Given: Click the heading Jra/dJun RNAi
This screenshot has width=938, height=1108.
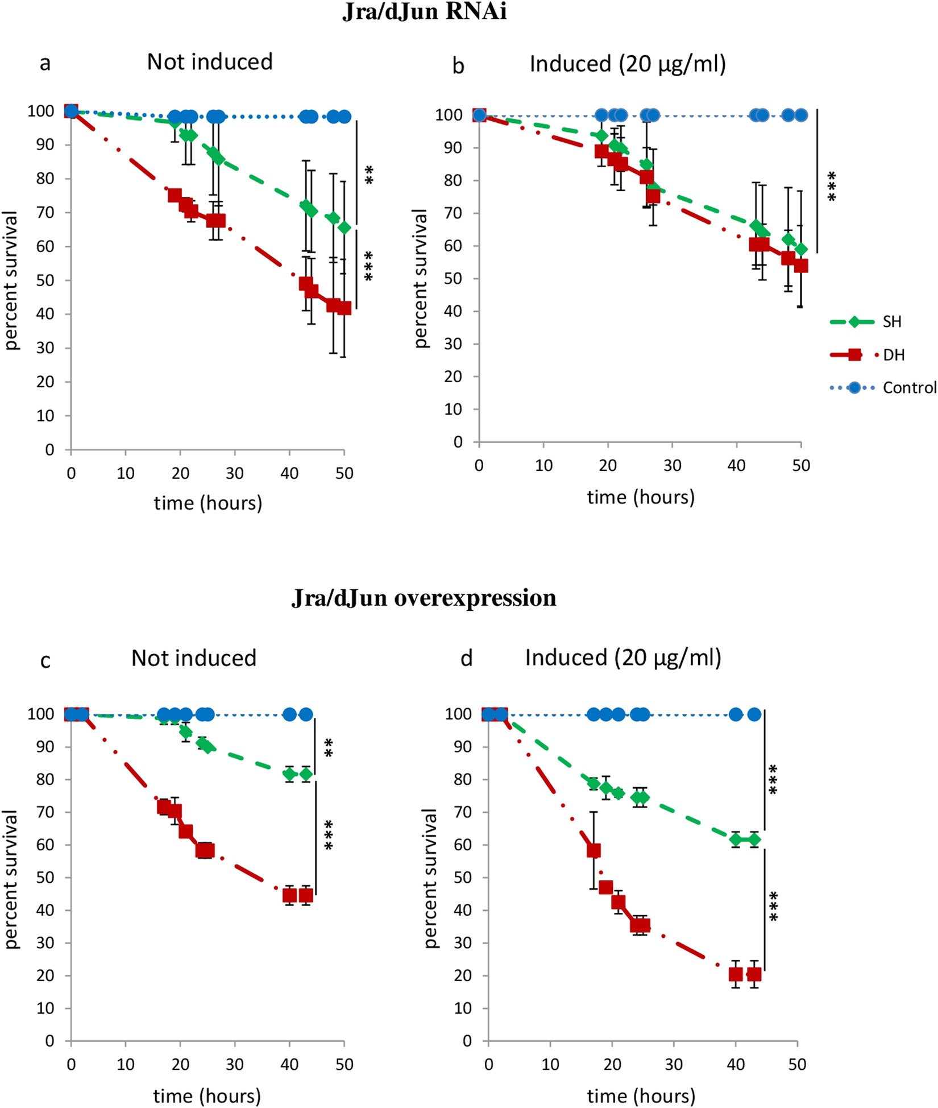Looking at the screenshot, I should [x=424, y=11].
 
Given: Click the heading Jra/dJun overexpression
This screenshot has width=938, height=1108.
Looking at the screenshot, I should [x=424, y=598].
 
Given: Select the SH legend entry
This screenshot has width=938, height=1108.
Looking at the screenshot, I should [x=892, y=322].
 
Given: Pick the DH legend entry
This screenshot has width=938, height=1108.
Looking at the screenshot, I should [x=894, y=355].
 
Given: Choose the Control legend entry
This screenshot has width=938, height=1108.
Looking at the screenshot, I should [x=908, y=388].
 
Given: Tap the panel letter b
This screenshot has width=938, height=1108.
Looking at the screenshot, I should [x=458, y=66].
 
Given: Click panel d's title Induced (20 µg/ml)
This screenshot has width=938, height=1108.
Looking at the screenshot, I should [x=623, y=658].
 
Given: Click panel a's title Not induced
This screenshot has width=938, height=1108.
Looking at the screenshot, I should [x=210, y=62].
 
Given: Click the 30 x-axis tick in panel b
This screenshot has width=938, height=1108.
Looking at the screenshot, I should [x=672, y=466].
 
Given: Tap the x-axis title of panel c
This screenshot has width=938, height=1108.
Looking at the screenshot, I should [x=207, y=1095].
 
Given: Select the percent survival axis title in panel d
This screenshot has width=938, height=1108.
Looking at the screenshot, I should [x=431, y=878].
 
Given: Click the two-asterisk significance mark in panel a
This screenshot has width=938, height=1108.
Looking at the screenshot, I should [x=370, y=175].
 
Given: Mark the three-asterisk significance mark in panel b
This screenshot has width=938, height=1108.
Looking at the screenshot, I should [x=832, y=186].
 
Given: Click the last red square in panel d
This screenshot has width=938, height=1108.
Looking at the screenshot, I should [x=754, y=974].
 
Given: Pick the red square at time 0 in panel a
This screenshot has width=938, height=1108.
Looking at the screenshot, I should [x=71, y=111].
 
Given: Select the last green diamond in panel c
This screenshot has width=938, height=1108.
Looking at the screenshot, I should [x=306, y=774].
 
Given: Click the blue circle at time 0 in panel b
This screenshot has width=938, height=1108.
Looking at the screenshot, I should [x=479, y=115].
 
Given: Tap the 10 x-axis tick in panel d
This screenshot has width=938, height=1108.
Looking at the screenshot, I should [x=550, y=1064].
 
